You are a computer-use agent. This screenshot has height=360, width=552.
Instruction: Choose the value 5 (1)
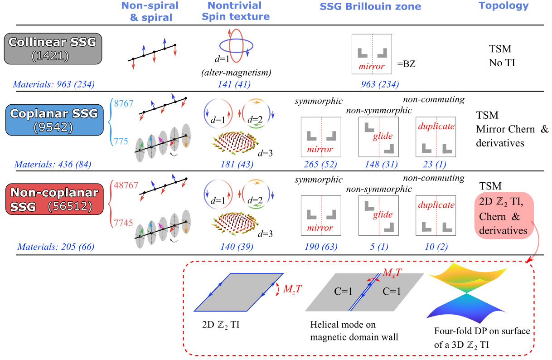[x=378, y=247]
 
